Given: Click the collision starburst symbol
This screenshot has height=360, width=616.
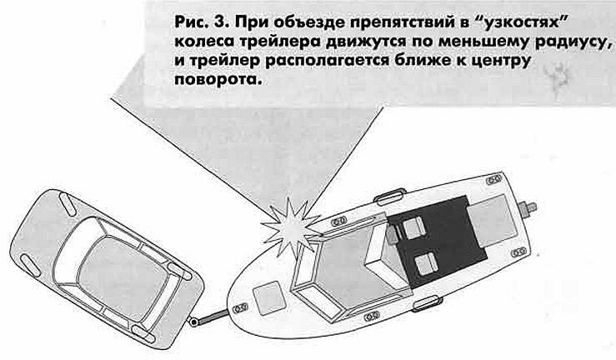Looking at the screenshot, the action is point(292,228).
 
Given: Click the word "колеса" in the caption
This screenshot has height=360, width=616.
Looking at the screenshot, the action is point(204,42).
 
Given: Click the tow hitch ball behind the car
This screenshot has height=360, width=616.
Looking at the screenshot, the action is point(193,322).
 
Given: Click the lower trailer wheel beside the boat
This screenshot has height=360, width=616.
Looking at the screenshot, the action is point(428,303).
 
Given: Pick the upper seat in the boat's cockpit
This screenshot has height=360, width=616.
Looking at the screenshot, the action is point(413,227).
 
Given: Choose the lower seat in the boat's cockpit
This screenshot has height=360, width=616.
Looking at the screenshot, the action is point(426,263).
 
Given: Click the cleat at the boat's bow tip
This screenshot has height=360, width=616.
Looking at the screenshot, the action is point(240,307).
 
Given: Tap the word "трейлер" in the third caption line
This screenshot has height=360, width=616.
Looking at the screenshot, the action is point(220,62).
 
